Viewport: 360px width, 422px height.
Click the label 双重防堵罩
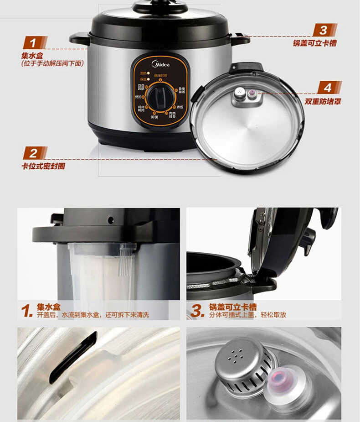click(323, 101)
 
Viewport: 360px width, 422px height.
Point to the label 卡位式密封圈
click(43, 166)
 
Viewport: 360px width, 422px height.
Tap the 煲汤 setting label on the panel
click(138, 97)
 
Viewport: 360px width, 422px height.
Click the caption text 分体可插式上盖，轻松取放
click(248, 315)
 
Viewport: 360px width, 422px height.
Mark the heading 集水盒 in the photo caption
click(49, 307)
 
